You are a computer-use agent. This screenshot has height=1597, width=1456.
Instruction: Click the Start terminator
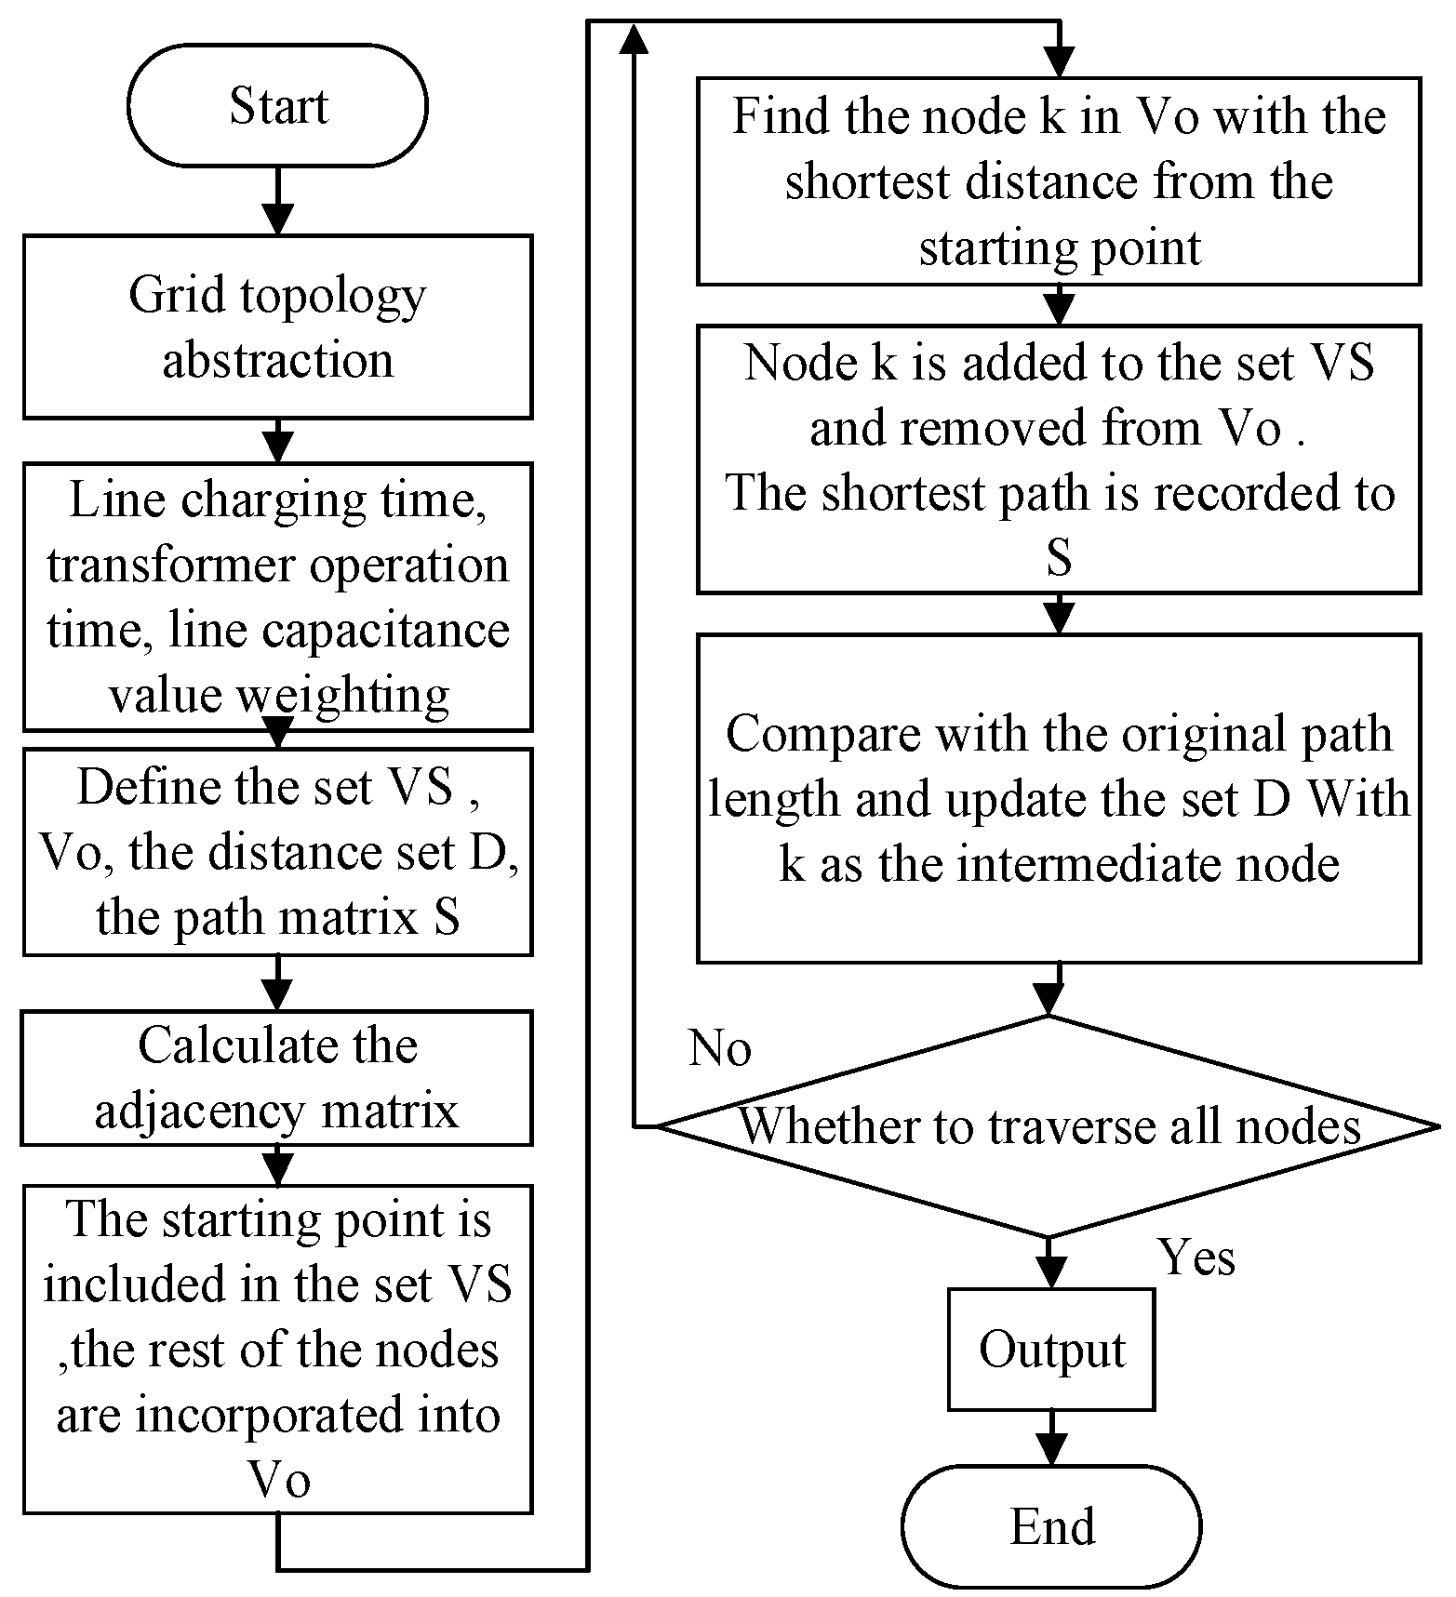tap(277, 106)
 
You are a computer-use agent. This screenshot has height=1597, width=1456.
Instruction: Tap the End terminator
tap(1051, 1526)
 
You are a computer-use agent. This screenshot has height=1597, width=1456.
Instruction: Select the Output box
tap(1051, 1350)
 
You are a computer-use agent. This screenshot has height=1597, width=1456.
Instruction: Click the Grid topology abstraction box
tap(277, 326)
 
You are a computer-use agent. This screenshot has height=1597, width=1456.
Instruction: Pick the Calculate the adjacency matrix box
tap(277, 1078)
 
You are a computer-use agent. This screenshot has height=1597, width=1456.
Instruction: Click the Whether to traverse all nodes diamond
tap(1049, 1126)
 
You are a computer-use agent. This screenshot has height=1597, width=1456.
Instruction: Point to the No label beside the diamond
tap(719, 1048)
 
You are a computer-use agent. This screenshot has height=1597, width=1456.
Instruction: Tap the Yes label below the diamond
tap(1196, 1258)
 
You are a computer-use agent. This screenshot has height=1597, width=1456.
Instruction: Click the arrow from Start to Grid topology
tap(277, 202)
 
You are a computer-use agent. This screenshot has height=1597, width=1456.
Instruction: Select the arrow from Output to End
tap(1051, 1439)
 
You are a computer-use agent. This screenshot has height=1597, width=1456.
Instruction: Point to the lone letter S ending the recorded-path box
tap(1059, 559)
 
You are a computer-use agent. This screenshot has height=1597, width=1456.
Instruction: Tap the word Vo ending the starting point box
tap(278, 1479)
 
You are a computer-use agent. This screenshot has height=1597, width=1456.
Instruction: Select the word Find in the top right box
tap(778, 116)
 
